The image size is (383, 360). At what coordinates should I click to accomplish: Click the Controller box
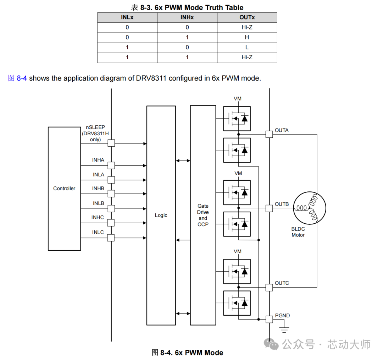point(64,189)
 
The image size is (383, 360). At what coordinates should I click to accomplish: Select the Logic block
point(161,215)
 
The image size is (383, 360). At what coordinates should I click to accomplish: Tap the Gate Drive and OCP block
point(203,215)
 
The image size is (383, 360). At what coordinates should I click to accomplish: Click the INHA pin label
point(98,160)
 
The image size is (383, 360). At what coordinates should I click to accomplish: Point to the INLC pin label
point(98,232)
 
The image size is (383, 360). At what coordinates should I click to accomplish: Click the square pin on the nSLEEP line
point(111,143)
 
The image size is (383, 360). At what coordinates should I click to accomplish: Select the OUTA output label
point(282,130)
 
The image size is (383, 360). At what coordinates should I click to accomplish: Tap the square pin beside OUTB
point(269,208)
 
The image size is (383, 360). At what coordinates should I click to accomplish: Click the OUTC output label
point(282,283)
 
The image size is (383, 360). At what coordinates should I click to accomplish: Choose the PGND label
point(282,315)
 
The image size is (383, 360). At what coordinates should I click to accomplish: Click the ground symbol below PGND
point(284,329)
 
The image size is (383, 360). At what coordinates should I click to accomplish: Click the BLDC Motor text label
point(298,232)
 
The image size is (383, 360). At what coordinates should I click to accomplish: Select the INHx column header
point(187,17)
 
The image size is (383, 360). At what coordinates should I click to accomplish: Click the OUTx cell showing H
point(247,37)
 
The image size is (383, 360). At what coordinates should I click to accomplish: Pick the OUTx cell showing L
point(247,47)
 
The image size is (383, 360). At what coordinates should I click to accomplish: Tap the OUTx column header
point(247,17)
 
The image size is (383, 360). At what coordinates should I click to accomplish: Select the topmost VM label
point(238,98)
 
